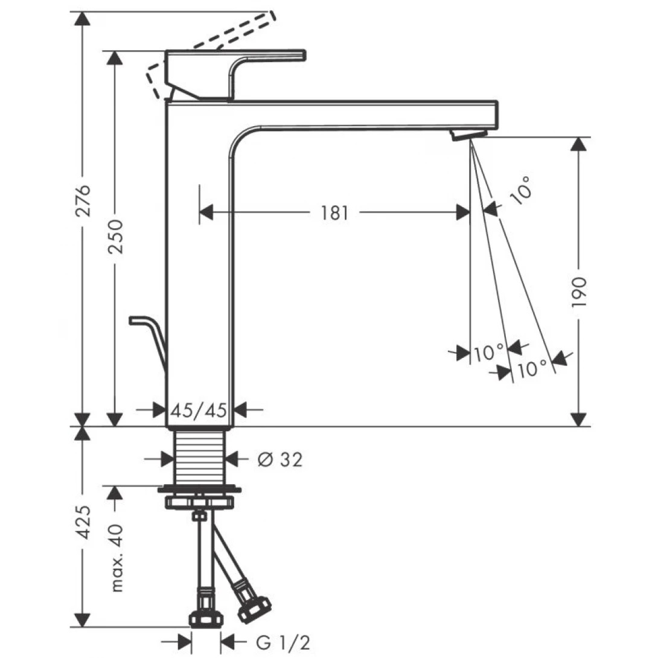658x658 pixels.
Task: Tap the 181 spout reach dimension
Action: [335, 212]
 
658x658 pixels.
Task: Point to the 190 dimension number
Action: [580, 293]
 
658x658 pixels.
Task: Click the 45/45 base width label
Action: [199, 411]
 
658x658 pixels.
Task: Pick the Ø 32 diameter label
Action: [279, 461]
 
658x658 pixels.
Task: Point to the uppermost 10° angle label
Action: [522, 188]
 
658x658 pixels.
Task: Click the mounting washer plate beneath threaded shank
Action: [199, 488]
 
